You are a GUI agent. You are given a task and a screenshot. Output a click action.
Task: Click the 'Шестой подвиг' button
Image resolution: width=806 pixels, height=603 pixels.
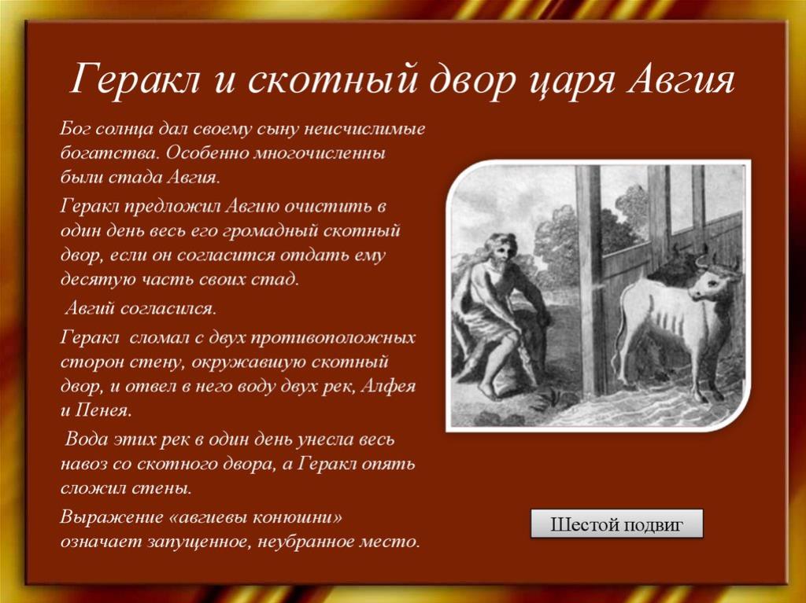616,524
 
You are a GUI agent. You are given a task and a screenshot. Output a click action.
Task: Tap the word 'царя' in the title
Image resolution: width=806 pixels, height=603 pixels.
571,83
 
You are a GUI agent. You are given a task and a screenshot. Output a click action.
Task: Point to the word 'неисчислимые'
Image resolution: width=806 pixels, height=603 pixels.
364,128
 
